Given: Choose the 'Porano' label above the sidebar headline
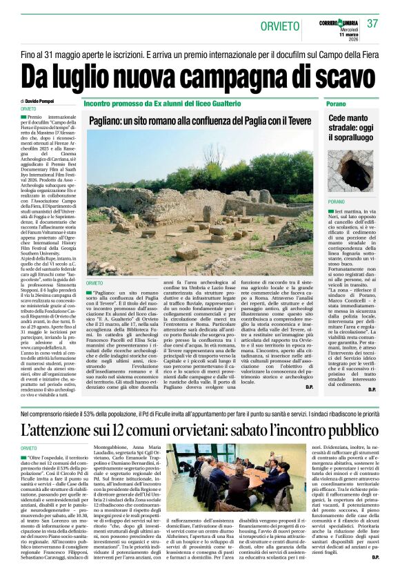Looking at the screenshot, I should click(337, 103).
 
